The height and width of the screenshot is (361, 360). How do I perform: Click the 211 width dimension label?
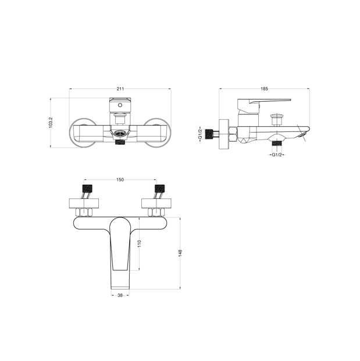pos(120,89)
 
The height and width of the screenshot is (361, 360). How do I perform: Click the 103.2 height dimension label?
pos(51,122)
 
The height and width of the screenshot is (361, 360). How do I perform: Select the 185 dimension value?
pos(265,89)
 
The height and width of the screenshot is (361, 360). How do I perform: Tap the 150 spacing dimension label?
pos(120,180)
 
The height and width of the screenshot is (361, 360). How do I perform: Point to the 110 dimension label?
pos(140,244)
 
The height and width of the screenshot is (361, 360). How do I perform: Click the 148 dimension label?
pos(180,253)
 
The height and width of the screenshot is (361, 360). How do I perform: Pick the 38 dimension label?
pos(120,295)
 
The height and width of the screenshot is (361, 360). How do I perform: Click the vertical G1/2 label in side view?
pos(201,134)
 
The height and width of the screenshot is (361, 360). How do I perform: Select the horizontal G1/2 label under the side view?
pos(277,155)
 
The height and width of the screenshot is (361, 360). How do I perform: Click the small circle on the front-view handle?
pos(120,105)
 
